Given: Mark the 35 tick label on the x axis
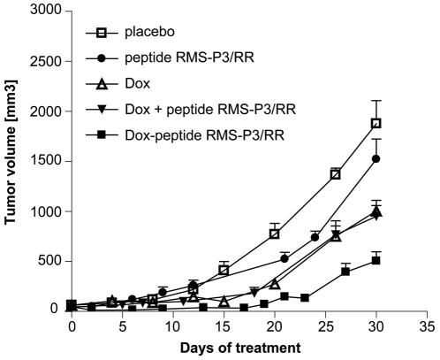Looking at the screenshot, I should click(428, 326).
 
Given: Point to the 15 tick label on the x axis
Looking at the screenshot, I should click(224, 326).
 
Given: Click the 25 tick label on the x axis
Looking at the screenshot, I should click(326, 326).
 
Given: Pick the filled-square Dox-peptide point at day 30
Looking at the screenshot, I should click(376, 261).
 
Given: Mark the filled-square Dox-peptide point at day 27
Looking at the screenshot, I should click(345, 272).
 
